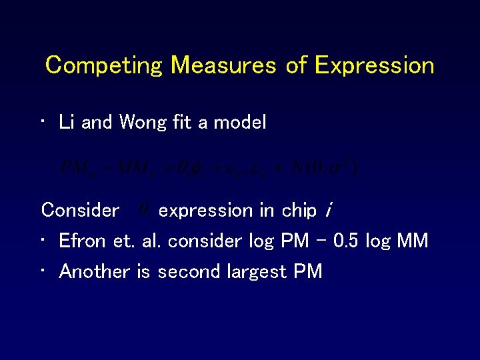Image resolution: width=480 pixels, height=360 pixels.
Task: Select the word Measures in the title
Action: pyautogui.click(x=223, y=65)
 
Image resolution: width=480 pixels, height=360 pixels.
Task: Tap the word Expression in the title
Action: pyautogui.click(x=374, y=65)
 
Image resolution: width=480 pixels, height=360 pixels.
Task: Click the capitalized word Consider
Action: pyautogui.click(x=80, y=211)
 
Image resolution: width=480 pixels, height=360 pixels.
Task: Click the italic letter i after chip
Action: pyautogui.click(x=328, y=211)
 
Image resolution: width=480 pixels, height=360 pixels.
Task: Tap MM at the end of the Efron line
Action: pyautogui.click(x=411, y=241)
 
